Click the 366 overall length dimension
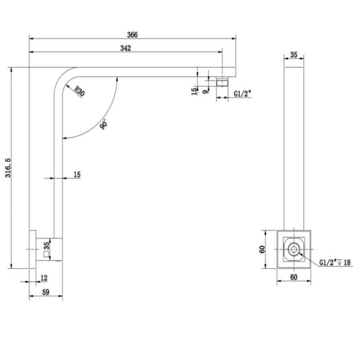133,35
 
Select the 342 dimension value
126,48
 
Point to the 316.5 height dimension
8,168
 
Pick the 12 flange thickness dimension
44,278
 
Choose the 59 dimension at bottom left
46,292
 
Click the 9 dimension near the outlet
206,91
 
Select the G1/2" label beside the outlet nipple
243,94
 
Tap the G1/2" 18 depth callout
335,262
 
